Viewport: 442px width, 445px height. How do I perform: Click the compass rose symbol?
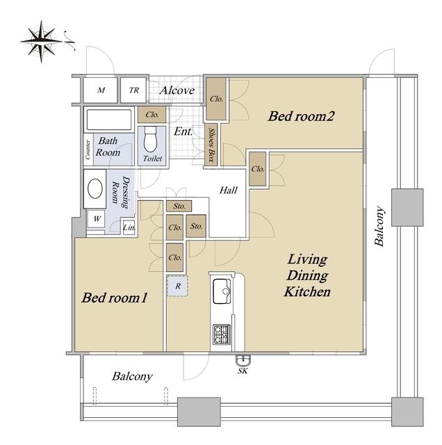[42, 42]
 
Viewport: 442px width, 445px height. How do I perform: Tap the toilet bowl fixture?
[150, 140]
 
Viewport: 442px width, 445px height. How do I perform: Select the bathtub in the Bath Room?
[109, 120]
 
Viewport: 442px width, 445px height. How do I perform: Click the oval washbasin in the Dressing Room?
[95, 188]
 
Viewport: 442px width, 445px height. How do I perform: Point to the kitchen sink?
[222, 291]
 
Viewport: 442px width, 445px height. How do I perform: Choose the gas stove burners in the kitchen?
[222, 334]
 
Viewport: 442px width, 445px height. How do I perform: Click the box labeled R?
[178, 286]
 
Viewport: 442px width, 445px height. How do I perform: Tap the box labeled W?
[96, 219]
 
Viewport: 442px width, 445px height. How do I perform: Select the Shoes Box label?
[212, 145]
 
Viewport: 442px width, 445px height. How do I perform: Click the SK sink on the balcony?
[243, 360]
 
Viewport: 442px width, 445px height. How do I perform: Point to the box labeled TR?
[133, 90]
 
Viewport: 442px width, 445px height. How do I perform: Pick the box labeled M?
[101, 90]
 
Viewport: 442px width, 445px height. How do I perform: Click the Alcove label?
[177, 90]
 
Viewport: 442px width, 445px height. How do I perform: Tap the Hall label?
[229, 190]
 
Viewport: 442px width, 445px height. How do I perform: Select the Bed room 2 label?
[302, 116]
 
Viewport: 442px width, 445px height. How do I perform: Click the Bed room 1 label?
[115, 298]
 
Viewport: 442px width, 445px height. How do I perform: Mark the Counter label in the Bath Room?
[88, 149]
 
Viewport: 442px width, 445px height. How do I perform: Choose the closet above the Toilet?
[152, 115]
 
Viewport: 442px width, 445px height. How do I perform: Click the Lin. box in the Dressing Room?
[129, 227]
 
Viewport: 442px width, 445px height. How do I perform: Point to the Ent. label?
[183, 131]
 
